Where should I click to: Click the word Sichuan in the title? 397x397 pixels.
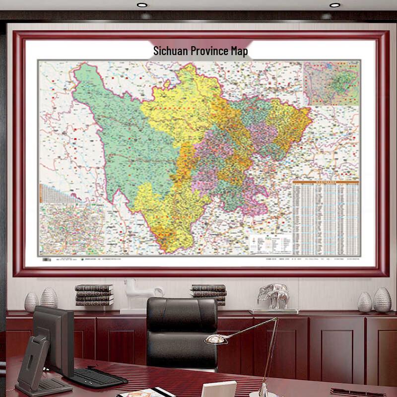click(x=167, y=51)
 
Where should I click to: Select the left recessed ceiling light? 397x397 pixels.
click(x=142, y=4)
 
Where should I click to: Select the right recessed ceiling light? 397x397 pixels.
click(x=334, y=4)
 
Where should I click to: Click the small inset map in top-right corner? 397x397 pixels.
click(x=331, y=83)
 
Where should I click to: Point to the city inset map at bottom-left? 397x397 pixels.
click(x=71, y=229)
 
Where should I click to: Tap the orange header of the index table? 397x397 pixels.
click(x=326, y=182)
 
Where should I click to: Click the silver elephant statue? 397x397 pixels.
click(x=273, y=296)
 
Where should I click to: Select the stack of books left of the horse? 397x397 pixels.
click(x=94, y=295)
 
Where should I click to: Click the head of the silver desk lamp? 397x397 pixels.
click(x=216, y=339)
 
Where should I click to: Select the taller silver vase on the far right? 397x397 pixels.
click(x=382, y=300)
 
